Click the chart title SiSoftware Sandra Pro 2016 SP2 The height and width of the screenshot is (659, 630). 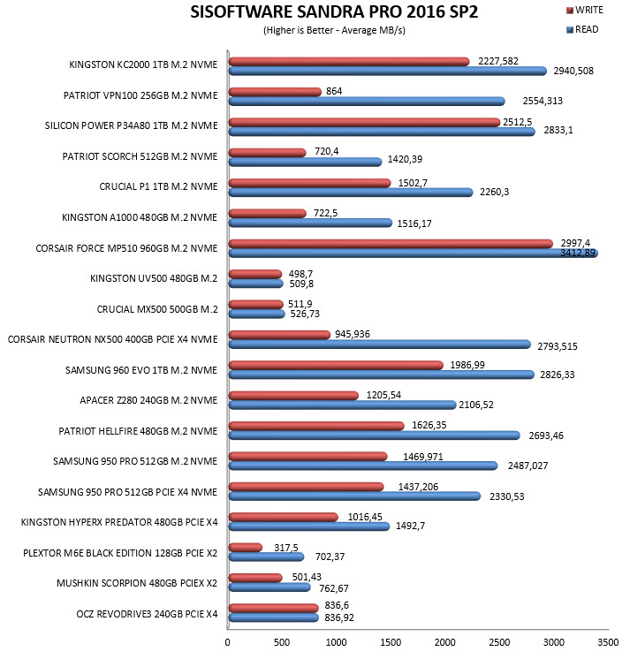click(x=334, y=11)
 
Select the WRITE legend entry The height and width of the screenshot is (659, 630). click(x=585, y=10)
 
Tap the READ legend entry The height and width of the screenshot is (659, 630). click(x=582, y=29)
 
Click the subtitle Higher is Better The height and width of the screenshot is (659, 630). click(x=298, y=31)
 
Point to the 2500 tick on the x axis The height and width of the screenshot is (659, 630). click(x=499, y=642)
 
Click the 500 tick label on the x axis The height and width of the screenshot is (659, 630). click(x=281, y=642)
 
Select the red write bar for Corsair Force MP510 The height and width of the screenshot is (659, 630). click(x=391, y=244)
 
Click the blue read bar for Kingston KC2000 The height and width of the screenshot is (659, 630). click(x=388, y=71)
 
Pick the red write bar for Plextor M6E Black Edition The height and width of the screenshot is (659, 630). click(x=246, y=547)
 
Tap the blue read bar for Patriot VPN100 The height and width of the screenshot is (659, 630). click(x=367, y=102)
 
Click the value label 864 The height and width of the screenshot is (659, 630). click(x=334, y=91)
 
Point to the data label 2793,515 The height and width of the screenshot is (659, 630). click(x=558, y=346)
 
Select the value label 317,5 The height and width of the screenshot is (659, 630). click(x=285, y=548)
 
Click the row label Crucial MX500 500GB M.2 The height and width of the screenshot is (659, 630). click(x=157, y=309)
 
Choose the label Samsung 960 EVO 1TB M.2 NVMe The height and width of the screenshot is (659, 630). click(x=141, y=370)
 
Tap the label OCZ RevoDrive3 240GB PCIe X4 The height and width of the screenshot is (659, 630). click(x=147, y=614)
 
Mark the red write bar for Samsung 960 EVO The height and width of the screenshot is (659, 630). click(x=337, y=365)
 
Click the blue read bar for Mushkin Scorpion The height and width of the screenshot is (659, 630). click(x=269, y=587)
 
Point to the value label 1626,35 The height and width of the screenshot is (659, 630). click(x=429, y=425)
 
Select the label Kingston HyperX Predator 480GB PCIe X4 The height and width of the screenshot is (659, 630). click(x=119, y=522)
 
